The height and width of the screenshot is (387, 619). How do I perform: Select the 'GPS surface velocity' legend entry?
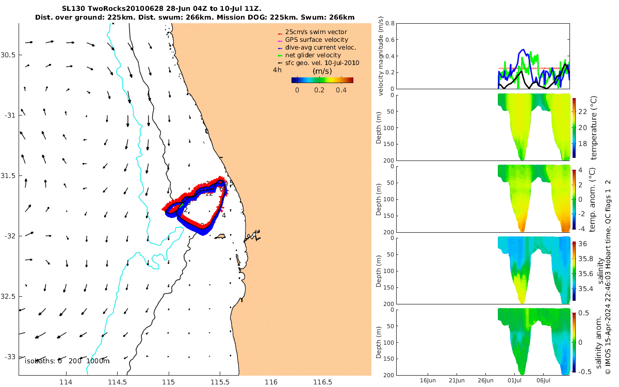317,40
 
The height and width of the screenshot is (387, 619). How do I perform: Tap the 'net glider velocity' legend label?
313,55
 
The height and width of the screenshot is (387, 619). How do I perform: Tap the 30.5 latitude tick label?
9,55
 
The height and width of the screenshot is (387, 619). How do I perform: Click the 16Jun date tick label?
428,380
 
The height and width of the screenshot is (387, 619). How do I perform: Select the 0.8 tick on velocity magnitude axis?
389,24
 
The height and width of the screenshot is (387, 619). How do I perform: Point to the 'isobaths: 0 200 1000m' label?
67,361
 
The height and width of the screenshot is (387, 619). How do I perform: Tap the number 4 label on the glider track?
224,215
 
